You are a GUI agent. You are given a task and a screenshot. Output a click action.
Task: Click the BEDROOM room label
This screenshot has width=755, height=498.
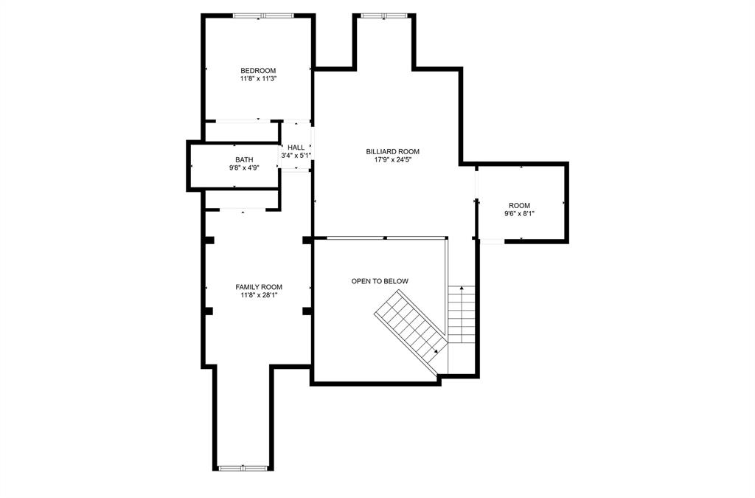258,71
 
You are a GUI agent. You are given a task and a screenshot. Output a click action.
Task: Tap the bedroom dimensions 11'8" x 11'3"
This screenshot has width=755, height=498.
258,78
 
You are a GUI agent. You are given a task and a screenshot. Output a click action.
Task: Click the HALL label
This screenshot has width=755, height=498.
296,148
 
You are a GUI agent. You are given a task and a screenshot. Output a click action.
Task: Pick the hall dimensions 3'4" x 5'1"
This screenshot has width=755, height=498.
296,156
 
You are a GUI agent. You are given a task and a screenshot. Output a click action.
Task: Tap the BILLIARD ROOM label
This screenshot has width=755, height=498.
392,152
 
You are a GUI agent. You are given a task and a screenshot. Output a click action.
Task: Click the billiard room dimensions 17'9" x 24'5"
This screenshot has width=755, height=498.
392,160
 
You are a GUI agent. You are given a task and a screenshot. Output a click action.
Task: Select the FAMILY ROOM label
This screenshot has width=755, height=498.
259,287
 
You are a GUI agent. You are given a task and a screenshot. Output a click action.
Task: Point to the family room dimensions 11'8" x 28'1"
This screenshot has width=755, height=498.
259,295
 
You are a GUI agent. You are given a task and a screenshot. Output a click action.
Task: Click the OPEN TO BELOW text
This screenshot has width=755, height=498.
380,281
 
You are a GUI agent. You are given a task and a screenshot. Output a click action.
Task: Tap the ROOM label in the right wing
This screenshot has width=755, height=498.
519,206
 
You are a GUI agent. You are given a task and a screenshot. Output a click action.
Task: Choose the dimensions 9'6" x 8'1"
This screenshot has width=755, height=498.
519,214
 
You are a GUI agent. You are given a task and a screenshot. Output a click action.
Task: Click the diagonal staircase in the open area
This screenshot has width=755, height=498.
410,325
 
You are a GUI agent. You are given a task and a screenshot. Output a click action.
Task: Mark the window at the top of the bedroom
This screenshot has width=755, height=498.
262,15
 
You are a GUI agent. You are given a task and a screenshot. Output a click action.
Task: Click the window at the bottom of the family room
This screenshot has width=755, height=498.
243,468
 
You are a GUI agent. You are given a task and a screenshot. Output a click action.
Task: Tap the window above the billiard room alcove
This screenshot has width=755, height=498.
383,15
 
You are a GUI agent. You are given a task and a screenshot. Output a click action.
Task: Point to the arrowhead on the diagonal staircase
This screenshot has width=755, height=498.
436,351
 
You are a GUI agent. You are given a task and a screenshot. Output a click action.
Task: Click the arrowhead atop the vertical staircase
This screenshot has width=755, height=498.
462,288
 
